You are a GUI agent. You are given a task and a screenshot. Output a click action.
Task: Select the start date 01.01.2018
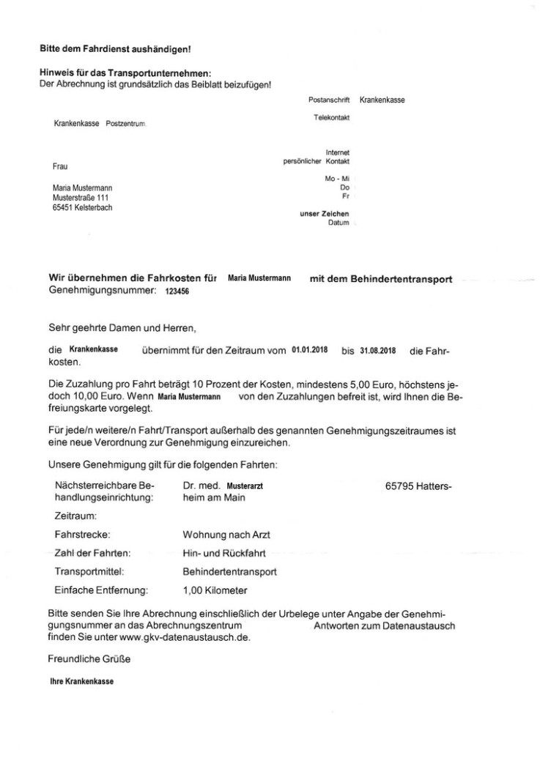(x=308, y=350)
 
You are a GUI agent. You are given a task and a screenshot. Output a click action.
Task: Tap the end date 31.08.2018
(x=378, y=350)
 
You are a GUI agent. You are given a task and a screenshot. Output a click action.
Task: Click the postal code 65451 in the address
(x=63, y=207)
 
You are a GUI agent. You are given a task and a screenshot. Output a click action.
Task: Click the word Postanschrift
(x=330, y=100)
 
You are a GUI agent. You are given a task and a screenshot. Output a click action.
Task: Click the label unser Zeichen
(x=325, y=213)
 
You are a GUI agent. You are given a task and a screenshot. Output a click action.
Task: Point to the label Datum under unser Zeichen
(x=339, y=222)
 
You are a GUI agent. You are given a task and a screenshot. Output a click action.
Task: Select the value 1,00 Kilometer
(x=215, y=589)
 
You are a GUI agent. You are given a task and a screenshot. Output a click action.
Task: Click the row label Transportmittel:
(x=87, y=571)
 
